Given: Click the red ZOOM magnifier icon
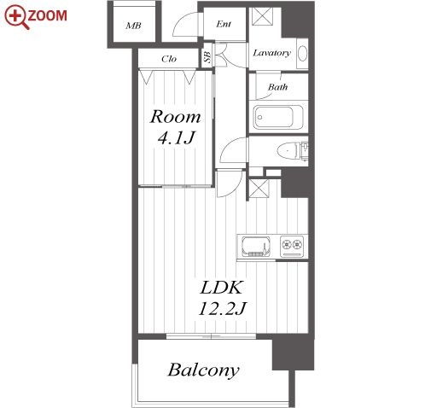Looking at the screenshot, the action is click(x=16, y=16).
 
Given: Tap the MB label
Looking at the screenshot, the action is click(x=133, y=26).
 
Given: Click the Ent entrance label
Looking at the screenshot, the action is click(x=224, y=24).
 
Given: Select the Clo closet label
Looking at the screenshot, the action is click(x=169, y=59).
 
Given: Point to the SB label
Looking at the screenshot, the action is click(x=207, y=57).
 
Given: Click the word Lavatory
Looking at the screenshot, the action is click(x=272, y=53).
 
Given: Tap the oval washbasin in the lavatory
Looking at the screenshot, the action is click(x=302, y=53).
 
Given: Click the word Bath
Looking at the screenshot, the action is click(x=278, y=87).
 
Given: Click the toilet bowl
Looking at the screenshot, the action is click(x=288, y=150).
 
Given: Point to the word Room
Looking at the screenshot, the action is click(x=175, y=117).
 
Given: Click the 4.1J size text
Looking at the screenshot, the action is click(x=177, y=137).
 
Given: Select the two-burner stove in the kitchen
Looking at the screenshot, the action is click(x=292, y=246).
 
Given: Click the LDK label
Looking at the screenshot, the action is click(x=222, y=288).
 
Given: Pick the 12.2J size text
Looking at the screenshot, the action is click(x=223, y=308).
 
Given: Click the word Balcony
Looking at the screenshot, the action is click(x=203, y=370).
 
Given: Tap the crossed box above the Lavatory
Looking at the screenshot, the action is click(x=263, y=15).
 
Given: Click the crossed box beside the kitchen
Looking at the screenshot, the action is click(x=259, y=188).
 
